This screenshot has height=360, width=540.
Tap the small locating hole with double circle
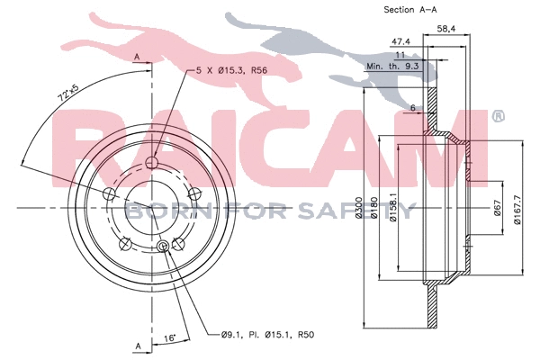point(163,247)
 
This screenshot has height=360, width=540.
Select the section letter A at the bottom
point(137,345)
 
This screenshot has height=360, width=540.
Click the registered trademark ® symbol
point(498,115)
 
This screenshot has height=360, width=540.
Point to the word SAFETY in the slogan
point(369,212)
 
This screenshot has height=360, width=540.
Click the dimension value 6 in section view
point(412,108)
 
